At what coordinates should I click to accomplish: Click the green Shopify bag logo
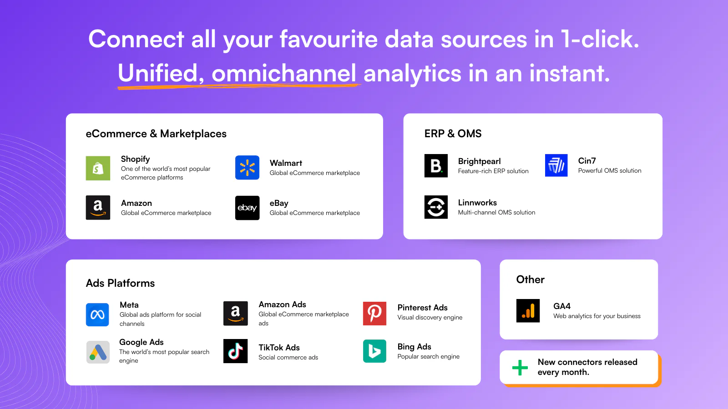[x=98, y=168]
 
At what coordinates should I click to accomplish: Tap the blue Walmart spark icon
[x=247, y=168]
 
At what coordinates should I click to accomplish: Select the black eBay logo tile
[x=247, y=208]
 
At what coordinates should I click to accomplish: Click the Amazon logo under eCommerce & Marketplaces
[x=98, y=208]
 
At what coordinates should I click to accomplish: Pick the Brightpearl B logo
[x=436, y=165]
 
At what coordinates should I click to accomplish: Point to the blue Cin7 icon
[x=556, y=165]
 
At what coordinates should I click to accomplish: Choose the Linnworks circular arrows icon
[x=436, y=207]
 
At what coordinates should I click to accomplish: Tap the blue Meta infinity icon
[x=97, y=314]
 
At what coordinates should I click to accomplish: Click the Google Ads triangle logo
[x=98, y=352]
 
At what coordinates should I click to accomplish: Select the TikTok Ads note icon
[x=235, y=351]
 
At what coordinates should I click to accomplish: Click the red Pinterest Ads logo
[x=374, y=313]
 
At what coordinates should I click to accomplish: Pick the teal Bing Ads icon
[x=374, y=351]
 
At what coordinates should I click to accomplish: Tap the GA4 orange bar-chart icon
[x=528, y=311]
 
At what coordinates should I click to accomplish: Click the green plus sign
[x=520, y=367]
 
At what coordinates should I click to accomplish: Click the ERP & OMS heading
[x=453, y=134]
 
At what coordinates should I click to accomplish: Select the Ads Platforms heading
[x=120, y=283]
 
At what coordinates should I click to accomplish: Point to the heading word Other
[x=530, y=279]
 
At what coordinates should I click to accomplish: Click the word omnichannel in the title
[x=284, y=74]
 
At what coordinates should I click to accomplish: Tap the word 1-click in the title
[x=600, y=39]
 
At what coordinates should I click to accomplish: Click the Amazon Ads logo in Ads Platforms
[x=235, y=313]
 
